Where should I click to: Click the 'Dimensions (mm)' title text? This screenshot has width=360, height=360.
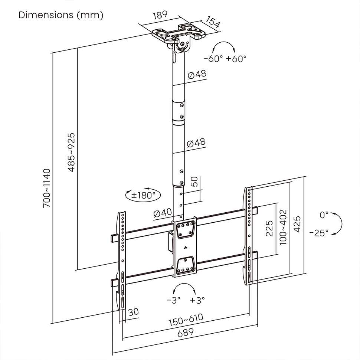[x=61, y=15]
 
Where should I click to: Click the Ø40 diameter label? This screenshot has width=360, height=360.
[x=162, y=213]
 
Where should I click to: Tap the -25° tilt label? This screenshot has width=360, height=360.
[x=319, y=233]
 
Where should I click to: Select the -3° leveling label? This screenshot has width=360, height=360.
[x=173, y=300]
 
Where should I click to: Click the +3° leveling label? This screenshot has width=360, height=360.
[x=197, y=300]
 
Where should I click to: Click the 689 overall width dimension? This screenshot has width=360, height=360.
[x=185, y=333]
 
